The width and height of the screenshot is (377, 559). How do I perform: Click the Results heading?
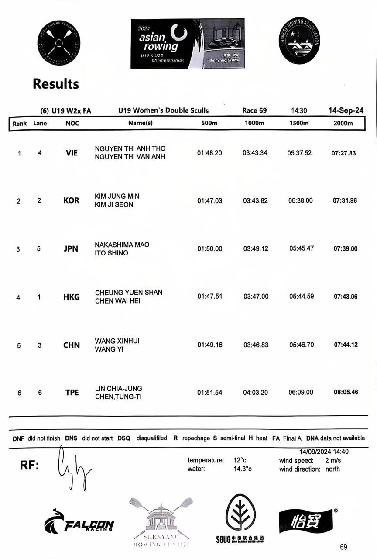click(56, 83)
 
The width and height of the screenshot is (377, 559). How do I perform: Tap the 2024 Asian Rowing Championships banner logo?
click(187, 44)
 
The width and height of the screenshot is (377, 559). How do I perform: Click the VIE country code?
click(71, 153)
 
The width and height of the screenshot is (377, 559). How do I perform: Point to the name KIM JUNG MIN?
click(117, 196)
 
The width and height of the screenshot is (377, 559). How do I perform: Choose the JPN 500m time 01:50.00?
click(209, 248)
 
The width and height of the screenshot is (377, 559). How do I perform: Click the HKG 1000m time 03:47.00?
click(256, 297)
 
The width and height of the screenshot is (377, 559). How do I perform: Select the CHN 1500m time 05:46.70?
click(301, 345)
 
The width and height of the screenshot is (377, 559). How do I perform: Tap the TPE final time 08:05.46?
click(346, 392)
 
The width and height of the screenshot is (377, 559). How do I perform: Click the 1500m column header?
click(299, 123)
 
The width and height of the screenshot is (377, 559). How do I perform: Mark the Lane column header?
click(40, 123)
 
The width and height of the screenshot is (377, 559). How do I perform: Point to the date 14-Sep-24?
click(346, 110)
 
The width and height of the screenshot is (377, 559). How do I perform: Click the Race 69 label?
click(254, 110)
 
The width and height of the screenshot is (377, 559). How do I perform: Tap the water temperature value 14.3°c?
click(243, 469)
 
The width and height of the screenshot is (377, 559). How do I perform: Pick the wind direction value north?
click(332, 469)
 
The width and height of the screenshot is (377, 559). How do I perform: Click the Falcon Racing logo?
click(79, 522)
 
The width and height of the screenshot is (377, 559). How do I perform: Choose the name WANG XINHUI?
click(117, 341)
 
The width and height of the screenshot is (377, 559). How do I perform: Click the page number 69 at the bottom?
click(344, 547)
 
